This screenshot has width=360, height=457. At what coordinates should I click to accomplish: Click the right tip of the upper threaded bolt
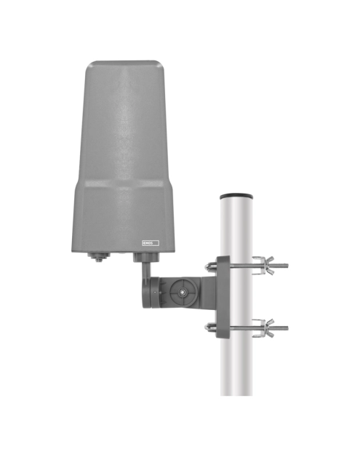pos(287,266)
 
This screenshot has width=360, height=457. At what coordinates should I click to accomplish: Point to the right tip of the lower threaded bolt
pos(287,328)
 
